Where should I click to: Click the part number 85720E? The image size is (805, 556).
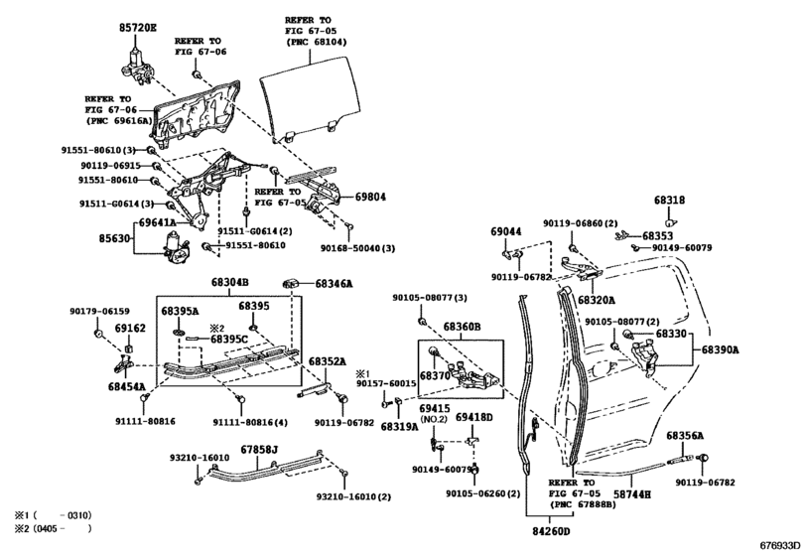click(139, 30)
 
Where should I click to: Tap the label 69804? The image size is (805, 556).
click(369, 197)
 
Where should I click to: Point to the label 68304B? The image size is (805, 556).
click(229, 283)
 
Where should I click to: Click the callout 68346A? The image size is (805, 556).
click(335, 284)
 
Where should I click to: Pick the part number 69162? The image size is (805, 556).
click(129, 328)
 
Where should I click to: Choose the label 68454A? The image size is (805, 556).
click(126, 386)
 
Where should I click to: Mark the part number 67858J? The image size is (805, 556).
click(260, 450)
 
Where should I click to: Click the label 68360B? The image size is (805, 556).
click(462, 326)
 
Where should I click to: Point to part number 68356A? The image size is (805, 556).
click(685, 436)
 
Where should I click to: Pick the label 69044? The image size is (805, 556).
click(505, 231)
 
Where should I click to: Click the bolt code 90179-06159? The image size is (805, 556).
click(99, 312)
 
